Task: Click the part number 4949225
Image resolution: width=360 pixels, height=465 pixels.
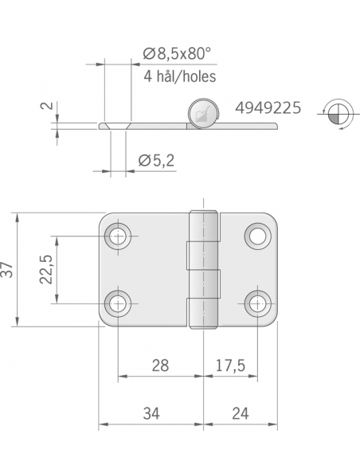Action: pos(268,107)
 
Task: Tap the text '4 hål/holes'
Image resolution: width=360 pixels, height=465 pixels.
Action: pos(180,77)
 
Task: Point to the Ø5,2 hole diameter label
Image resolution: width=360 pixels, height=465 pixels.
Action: pos(156,161)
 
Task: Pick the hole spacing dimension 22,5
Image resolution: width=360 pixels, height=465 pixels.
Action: pos(45,269)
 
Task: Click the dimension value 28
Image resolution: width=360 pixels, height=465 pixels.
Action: pos(159,366)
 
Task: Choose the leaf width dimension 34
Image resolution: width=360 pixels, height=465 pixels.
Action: pos(151,414)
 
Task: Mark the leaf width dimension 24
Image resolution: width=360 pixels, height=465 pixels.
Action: pos(240,414)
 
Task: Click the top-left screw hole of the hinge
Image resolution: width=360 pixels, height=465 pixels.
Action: pos(119,236)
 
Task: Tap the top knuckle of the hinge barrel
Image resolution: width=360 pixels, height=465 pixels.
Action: pos(204,228)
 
